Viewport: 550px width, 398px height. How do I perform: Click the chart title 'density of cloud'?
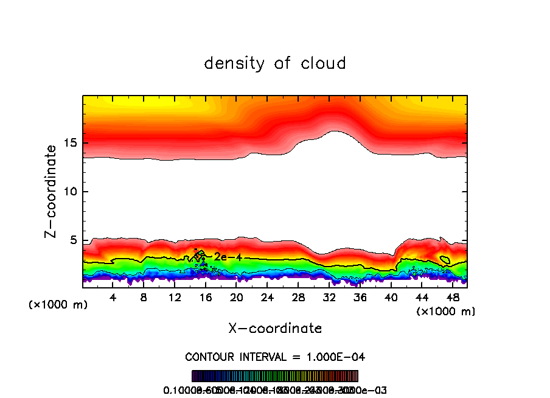275,63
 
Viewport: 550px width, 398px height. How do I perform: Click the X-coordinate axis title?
275,329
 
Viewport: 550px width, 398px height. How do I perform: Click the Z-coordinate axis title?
51,191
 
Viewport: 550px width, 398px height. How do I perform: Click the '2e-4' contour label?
228,257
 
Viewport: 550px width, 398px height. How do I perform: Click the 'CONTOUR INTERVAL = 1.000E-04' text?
275,357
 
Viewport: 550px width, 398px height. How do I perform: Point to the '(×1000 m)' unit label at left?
58,304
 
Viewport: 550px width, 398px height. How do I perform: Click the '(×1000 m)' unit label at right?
445,312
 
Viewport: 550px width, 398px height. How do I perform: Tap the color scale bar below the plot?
275,376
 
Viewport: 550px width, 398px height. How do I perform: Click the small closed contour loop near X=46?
445,260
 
